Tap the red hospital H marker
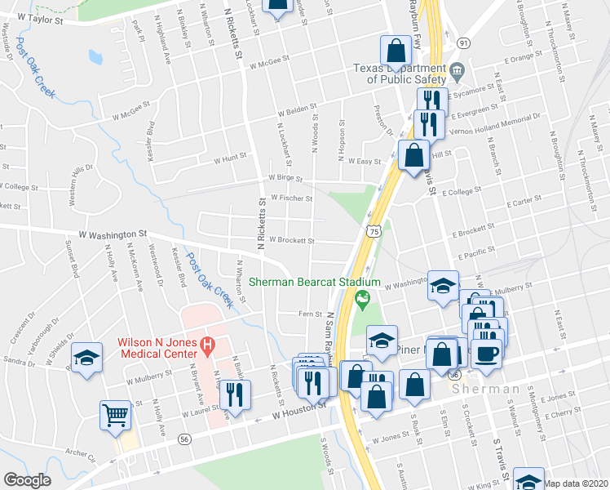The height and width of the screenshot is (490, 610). [x=207, y=346]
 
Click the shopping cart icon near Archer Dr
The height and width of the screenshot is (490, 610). [x=115, y=414]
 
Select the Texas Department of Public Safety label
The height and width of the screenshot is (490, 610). [x=400, y=74]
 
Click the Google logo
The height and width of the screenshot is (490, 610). [x=27, y=480]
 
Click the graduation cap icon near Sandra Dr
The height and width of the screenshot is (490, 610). [x=86, y=358]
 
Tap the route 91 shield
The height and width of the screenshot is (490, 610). [x=463, y=42]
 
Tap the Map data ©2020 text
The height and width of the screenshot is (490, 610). [x=576, y=483]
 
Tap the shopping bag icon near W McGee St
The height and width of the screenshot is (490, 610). [x=396, y=49]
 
